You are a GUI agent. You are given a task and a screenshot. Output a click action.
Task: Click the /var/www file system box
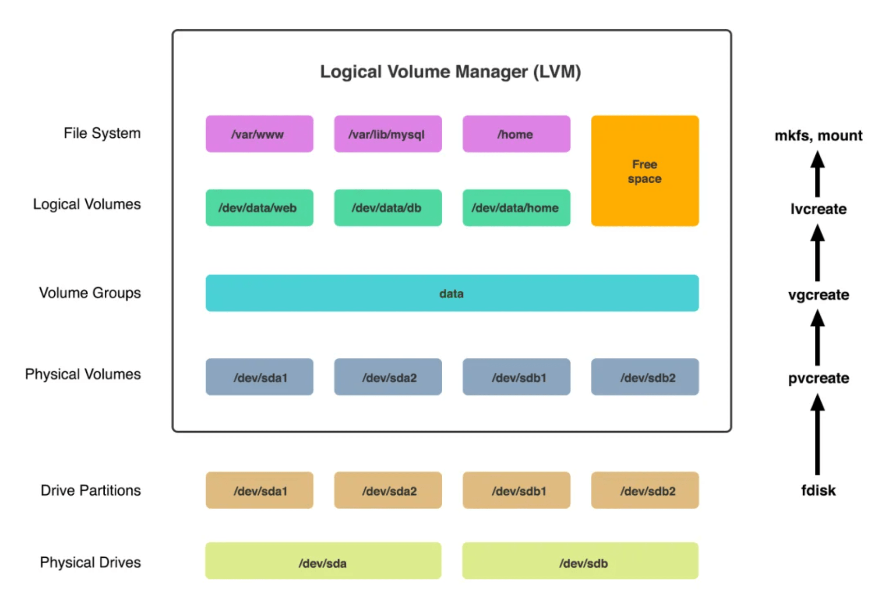[x=259, y=134]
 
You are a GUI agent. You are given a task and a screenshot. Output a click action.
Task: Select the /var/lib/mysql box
[x=388, y=134]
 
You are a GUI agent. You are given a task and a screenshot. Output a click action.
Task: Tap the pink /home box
[x=516, y=134]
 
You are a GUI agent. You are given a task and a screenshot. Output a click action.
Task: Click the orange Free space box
[x=644, y=171]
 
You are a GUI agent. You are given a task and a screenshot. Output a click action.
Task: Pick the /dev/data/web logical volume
[x=259, y=208]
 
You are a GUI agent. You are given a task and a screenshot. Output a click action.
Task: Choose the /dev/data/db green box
[x=388, y=208]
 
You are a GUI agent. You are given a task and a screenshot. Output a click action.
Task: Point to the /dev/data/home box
[x=516, y=208]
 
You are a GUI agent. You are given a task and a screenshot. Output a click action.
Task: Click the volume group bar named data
[x=451, y=293]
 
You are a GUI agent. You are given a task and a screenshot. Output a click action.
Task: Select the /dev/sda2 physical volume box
[x=388, y=377]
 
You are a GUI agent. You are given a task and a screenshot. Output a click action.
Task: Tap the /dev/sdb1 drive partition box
[x=516, y=490]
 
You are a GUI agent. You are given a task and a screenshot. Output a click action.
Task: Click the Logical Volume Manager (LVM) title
[x=450, y=72]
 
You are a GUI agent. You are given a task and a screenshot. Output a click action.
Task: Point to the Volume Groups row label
[x=90, y=293]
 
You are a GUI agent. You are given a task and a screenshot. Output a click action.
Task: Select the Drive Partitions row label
[x=91, y=490]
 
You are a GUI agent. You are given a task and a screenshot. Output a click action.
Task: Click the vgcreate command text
[x=818, y=295]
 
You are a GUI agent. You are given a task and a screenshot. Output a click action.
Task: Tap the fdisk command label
[x=818, y=490]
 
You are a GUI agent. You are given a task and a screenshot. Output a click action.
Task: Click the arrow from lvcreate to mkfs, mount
[x=817, y=174]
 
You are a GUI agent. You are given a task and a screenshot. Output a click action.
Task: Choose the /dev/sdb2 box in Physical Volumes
[x=644, y=377]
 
